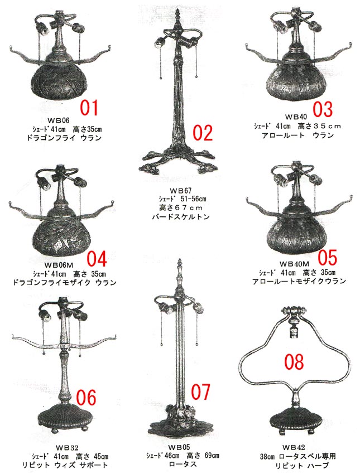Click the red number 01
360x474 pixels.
[89, 108]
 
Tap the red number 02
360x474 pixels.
[203, 133]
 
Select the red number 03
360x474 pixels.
[323, 109]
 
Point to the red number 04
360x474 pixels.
[97, 259]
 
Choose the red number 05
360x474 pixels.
[327, 257]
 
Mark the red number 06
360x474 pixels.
[86, 397]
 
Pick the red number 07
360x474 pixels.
[200, 392]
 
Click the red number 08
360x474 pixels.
[294, 362]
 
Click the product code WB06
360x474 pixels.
[59, 120]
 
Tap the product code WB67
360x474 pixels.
[181, 191]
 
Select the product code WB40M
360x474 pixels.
[294, 264]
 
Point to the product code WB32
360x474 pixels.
[67, 447]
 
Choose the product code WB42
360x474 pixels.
[294, 447]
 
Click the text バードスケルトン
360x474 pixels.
[181, 217]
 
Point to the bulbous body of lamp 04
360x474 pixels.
[63, 234]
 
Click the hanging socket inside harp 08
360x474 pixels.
[294, 331]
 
